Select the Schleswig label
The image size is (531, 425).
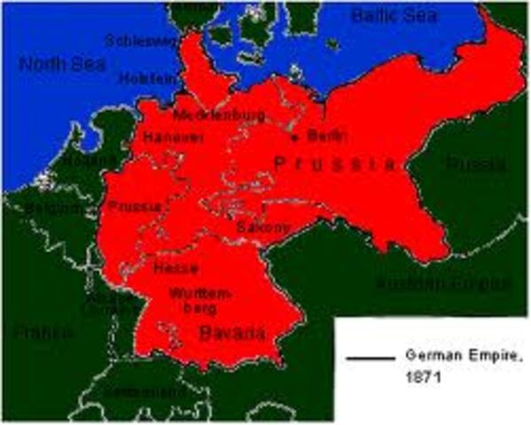coord(143,40)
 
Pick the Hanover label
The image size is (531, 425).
coord(173,138)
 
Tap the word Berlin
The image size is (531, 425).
coord(316,135)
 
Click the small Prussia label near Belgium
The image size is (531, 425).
coord(134,206)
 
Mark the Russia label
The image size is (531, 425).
coord(475,165)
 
